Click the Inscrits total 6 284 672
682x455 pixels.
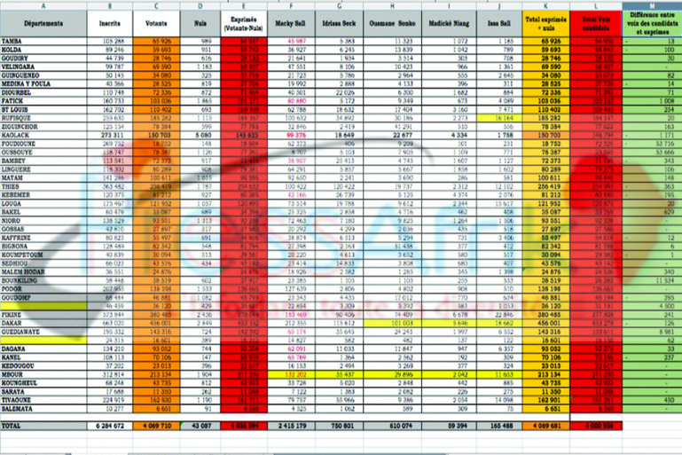pos(109,427)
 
